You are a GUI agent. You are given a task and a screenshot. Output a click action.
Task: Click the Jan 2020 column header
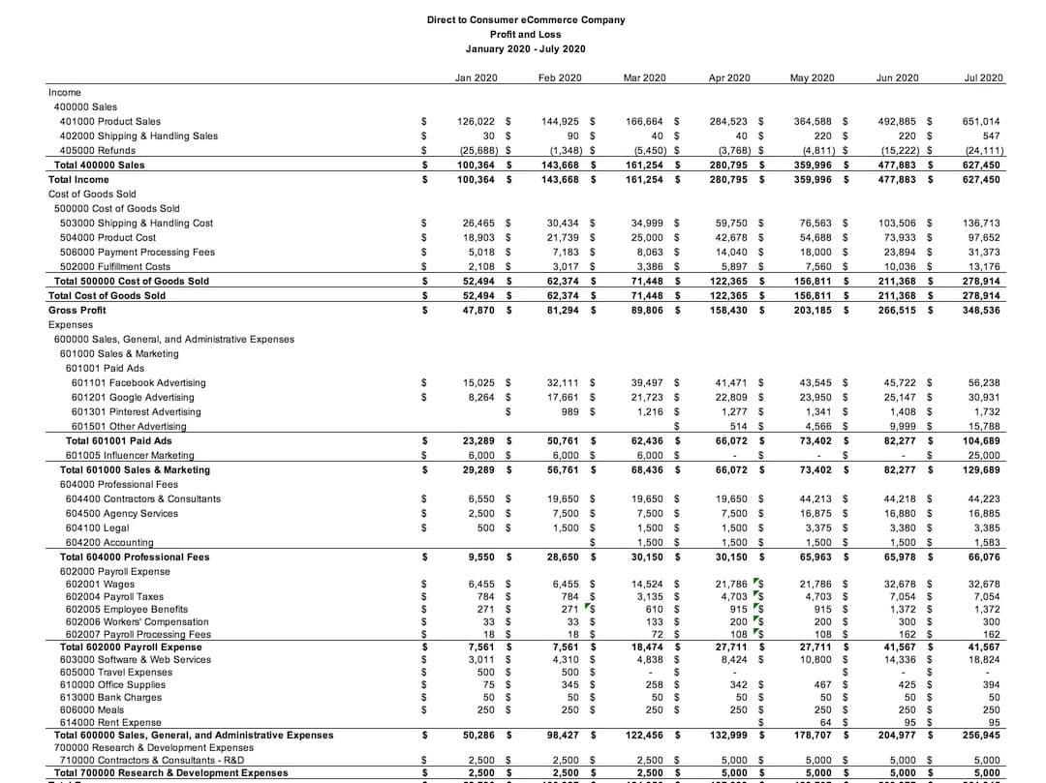(477, 77)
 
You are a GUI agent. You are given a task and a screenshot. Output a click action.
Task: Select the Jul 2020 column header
(984, 77)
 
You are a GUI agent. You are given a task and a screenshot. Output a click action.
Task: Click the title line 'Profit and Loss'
(525, 34)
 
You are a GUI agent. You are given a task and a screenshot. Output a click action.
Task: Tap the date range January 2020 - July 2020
(525, 48)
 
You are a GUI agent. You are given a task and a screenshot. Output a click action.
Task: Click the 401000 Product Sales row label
(110, 122)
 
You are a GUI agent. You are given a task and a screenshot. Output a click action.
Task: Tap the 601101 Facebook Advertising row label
(138, 383)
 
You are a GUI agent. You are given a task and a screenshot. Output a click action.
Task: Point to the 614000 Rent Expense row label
(108, 722)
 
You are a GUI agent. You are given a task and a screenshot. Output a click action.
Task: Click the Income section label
(65, 92)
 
